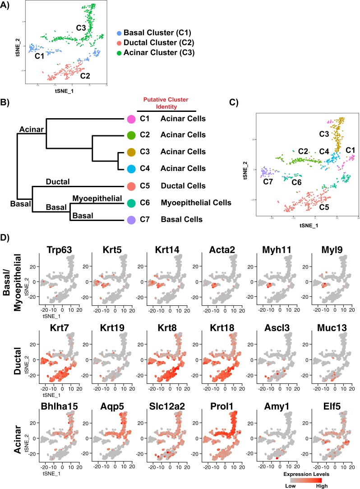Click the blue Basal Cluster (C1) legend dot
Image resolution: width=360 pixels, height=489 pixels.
(x=119, y=33)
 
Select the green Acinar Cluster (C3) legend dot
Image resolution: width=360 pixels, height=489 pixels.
(x=119, y=52)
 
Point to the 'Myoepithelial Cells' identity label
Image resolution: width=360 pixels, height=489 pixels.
(x=196, y=203)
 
